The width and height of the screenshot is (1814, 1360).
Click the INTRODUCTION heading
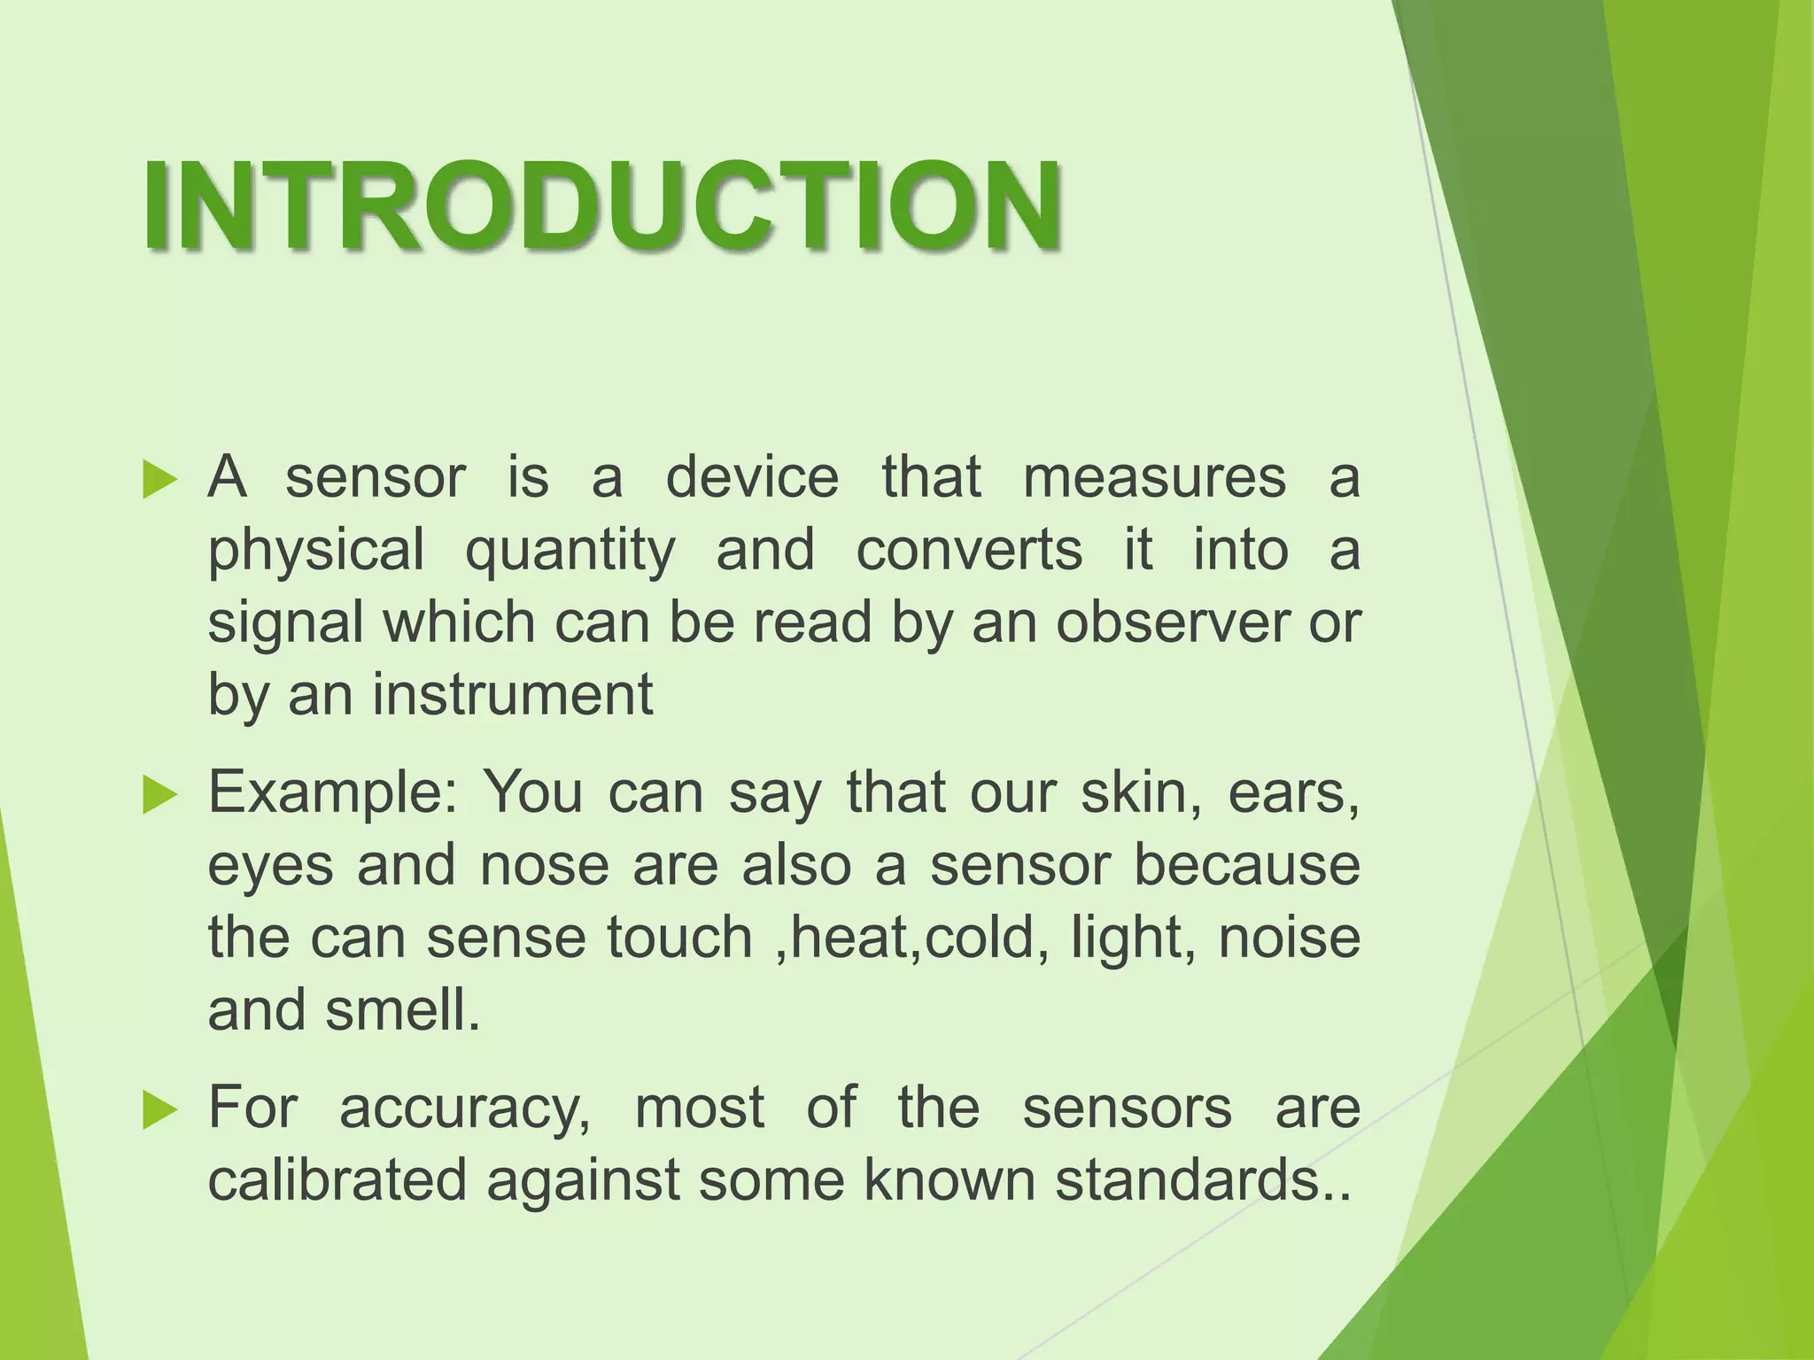tap(602, 205)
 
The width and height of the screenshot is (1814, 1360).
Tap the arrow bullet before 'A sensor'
tap(159, 480)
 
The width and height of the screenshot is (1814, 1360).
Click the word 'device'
tap(751, 478)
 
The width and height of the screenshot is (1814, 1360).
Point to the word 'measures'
tap(1153, 478)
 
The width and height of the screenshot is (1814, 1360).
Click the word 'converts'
tap(969, 551)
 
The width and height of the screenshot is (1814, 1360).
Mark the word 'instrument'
tap(512, 695)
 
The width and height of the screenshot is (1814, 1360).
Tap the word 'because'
tap(1247, 865)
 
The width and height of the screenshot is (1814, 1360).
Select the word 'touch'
tap(679, 938)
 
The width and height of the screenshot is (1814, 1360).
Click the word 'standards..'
tap(1204, 1180)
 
